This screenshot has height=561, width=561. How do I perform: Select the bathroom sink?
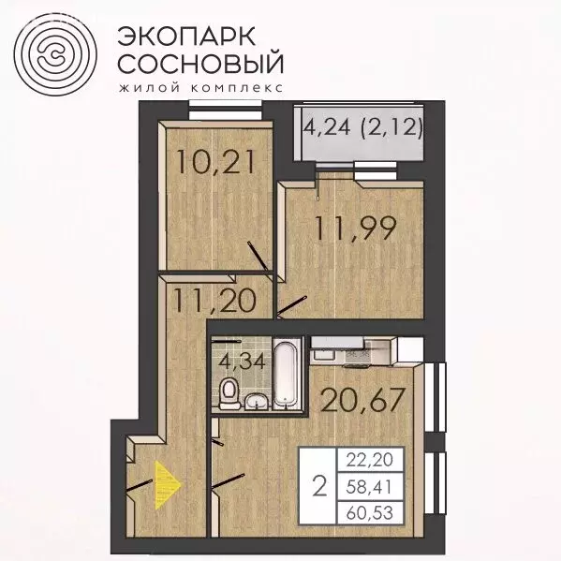click(257, 401)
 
